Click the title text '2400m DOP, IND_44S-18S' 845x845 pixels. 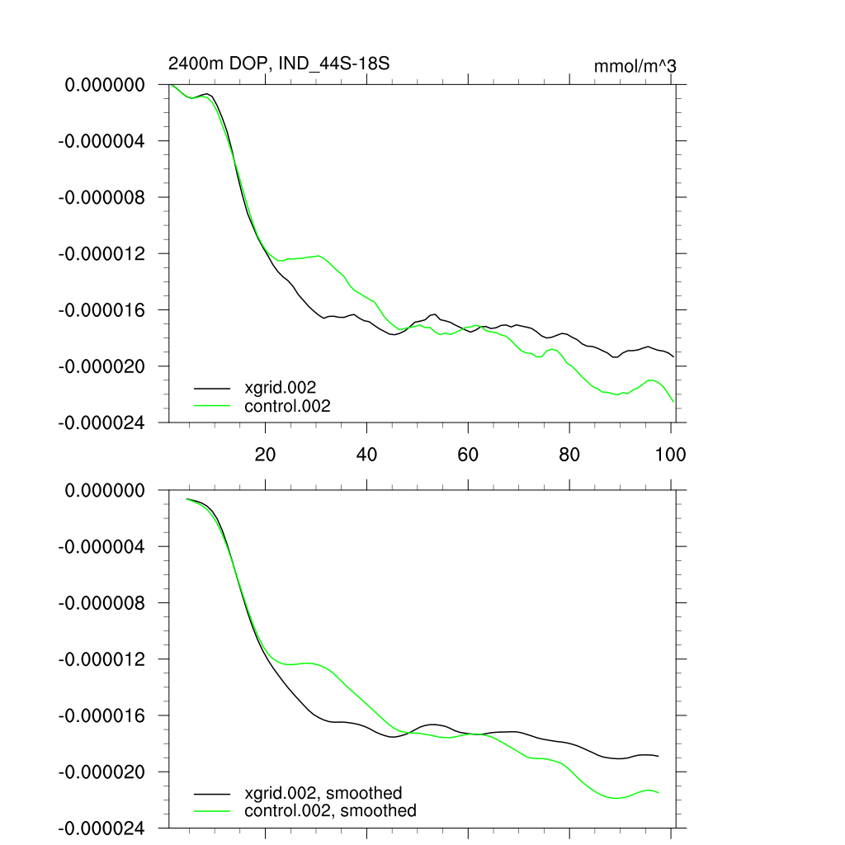[x=278, y=64]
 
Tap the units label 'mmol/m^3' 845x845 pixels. [x=635, y=66]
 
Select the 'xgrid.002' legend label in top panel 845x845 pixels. [x=281, y=386]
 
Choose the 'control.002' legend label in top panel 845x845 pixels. [x=287, y=406]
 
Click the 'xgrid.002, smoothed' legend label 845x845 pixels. [x=323, y=793]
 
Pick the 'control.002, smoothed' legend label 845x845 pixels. [x=330, y=811]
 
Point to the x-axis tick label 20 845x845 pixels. [x=265, y=454]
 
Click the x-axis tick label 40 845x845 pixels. [x=366, y=454]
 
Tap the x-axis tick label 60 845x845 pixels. [x=468, y=454]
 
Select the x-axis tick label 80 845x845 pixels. [x=569, y=454]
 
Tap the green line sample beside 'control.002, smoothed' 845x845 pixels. [x=212, y=811]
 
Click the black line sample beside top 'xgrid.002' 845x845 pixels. [x=212, y=386]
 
